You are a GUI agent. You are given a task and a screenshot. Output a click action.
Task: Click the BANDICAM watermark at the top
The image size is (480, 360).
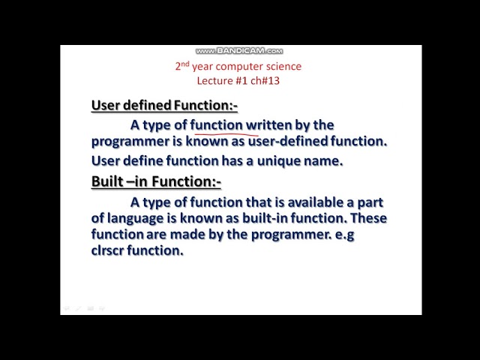click(239, 51)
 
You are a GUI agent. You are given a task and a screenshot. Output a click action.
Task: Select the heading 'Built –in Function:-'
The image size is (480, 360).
click(156, 181)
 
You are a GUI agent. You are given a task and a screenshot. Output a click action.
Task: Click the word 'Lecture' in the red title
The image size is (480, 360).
click(215, 80)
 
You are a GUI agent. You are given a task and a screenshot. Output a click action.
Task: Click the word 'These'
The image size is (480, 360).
click(369, 218)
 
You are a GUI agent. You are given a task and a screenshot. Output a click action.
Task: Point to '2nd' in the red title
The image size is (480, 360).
click(182, 66)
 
